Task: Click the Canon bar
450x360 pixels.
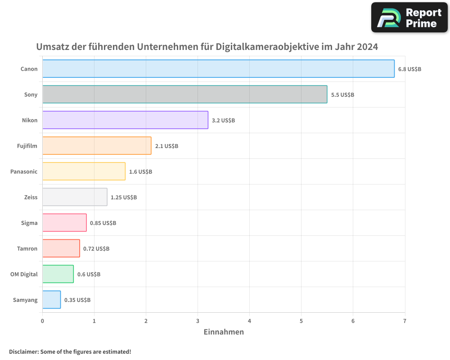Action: tap(218, 69)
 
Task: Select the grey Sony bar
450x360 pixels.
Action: tap(184, 94)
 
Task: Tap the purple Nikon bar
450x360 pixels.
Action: tap(125, 120)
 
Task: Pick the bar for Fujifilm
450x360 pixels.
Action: tap(97, 146)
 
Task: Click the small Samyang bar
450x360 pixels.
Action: tap(51, 300)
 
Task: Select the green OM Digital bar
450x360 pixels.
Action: tap(58, 274)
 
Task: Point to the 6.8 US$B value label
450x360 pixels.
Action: tap(409, 69)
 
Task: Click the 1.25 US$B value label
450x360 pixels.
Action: tap(124, 198)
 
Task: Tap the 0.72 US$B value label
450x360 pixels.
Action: tap(96, 249)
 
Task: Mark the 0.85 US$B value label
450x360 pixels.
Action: tap(103, 223)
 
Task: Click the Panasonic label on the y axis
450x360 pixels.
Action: tap(24, 172)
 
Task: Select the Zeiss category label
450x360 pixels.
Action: tap(31, 198)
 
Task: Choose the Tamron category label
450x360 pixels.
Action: tap(27, 249)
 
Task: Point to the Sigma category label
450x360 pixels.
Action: tap(29, 223)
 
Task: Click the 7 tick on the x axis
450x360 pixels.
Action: tap(405, 321)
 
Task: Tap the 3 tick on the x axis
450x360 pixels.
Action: tap(198, 321)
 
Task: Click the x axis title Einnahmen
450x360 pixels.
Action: tap(224, 332)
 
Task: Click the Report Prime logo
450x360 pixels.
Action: tap(409, 18)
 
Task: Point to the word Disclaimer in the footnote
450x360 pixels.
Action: tap(23, 352)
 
